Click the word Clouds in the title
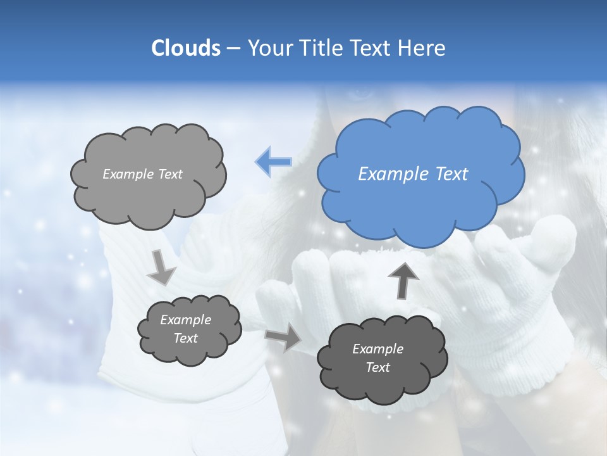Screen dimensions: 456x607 pos(186,48)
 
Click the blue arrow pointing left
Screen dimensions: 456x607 pos(274,162)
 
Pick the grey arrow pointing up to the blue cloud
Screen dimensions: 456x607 pos(403,280)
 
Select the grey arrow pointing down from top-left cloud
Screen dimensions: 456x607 pos(161,267)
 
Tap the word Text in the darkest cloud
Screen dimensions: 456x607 pos(377,368)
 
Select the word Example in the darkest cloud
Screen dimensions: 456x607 pos(377,349)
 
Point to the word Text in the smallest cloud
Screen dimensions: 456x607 pos(185,339)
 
